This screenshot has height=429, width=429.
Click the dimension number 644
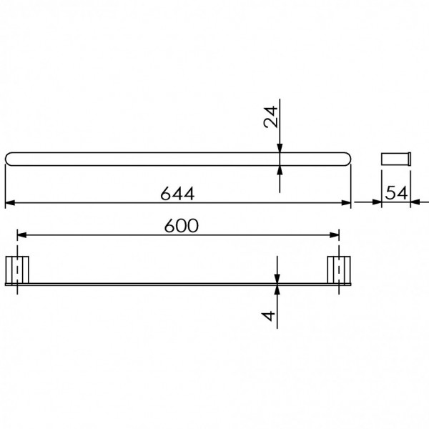pyautogui.click(x=177, y=194)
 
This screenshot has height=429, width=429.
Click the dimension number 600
pyautogui.click(x=181, y=226)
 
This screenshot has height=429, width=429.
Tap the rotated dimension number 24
pyautogui.click(x=271, y=117)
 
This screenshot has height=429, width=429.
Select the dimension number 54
pyautogui.click(x=396, y=193)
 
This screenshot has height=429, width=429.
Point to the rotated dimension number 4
pyautogui.click(x=269, y=316)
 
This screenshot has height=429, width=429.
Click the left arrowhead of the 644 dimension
pyautogui.click(x=10, y=203)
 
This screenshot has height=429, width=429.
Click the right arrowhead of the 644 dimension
pyautogui.click(x=346, y=203)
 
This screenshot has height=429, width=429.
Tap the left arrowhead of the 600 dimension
pyautogui.click(x=22, y=235)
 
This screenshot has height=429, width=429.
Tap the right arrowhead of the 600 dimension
pyautogui.click(x=335, y=235)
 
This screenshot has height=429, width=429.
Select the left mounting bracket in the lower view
pyautogui.click(x=17, y=270)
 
